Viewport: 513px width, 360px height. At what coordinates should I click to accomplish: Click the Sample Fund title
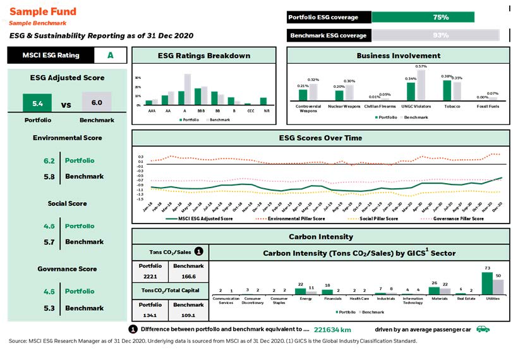pyautogui.click(x=43, y=11)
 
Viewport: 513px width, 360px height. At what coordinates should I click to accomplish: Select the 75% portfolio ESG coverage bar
pyautogui.click(x=423, y=18)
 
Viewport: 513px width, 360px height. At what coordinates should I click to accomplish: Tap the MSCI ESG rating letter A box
pyautogui.click(x=111, y=55)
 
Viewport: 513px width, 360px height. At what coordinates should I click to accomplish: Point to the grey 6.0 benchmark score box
pyautogui.click(x=97, y=102)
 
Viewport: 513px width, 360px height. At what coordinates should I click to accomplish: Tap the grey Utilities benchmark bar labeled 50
pyautogui.click(x=498, y=287)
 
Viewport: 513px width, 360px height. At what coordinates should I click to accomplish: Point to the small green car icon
pyautogui.click(x=483, y=329)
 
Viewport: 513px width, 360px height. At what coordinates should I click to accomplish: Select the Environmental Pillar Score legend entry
pyautogui.click(x=297, y=219)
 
